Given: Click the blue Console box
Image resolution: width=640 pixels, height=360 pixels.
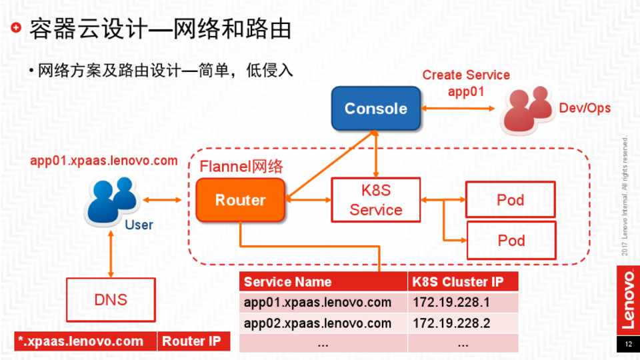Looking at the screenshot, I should pyautogui.click(x=376, y=109).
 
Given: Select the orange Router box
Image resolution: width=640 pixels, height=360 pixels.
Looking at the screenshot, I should pyautogui.click(x=240, y=200).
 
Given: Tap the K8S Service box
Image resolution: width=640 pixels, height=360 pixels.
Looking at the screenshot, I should pyautogui.click(x=376, y=200).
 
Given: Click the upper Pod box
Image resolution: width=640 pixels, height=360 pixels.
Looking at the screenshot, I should pyautogui.click(x=511, y=199).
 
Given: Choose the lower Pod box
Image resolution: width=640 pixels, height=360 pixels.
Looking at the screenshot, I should pyautogui.click(x=511, y=240).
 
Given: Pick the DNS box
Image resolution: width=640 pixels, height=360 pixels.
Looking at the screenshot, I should pyautogui.click(x=111, y=300).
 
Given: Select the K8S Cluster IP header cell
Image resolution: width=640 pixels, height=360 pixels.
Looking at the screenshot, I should pyautogui.click(x=463, y=282).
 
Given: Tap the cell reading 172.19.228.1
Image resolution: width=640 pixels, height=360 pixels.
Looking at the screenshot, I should pyautogui.click(x=463, y=303).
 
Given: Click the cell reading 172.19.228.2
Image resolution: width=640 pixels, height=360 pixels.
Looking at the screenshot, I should pyautogui.click(x=463, y=323).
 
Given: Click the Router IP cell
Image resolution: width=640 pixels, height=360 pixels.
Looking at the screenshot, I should pyautogui.click(x=193, y=341).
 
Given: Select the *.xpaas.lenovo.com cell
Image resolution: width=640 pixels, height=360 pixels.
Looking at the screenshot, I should pyautogui.click(x=85, y=341).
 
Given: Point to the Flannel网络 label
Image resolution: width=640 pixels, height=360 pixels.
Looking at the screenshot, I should pyautogui.click(x=241, y=167).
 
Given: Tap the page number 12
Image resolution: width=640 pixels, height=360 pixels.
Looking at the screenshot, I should pyautogui.click(x=627, y=345).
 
